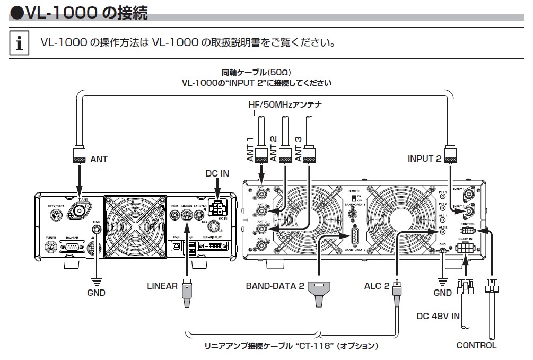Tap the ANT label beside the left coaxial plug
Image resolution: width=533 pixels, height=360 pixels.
point(99,159)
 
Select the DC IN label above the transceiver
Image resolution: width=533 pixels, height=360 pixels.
point(217,174)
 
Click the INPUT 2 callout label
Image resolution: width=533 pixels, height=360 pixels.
point(424,159)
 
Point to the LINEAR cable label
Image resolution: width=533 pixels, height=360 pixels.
point(162,286)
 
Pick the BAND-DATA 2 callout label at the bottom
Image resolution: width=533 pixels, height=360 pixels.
point(275,286)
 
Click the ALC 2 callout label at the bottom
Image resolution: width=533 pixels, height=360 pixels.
point(377,286)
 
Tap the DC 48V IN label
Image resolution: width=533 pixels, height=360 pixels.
point(438,316)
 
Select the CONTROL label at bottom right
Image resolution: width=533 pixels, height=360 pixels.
point(477,345)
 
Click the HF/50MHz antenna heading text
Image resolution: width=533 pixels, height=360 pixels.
point(285,105)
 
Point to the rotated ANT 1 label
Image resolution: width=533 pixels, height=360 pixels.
point(249,149)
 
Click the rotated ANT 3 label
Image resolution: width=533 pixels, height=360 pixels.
point(298,149)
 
